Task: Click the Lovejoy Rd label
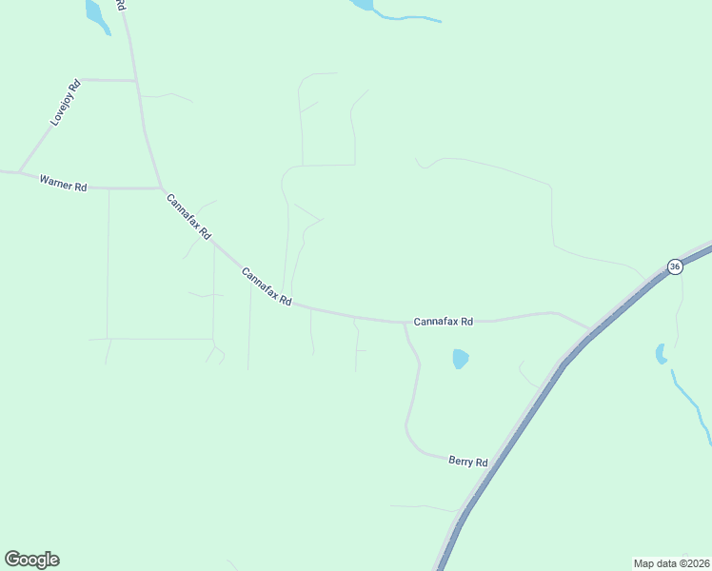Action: click(66, 104)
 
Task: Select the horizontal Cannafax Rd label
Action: click(443, 322)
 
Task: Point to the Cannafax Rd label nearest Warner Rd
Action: click(188, 216)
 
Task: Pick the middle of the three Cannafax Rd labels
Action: click(266, 286)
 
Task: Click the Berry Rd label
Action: click(467, 462)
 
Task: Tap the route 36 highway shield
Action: click(674, 266)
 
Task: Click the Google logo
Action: click(31, 560)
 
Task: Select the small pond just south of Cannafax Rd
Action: click(461, 359)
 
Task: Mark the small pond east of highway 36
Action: click(661, 354)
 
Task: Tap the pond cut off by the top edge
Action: click(363, 4)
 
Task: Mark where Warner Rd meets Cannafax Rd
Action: click(160, 188)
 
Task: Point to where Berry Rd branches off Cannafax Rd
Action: click(405, 324)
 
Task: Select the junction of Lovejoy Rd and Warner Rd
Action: click(19, 173)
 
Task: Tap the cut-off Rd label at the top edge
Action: click(121, 5)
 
